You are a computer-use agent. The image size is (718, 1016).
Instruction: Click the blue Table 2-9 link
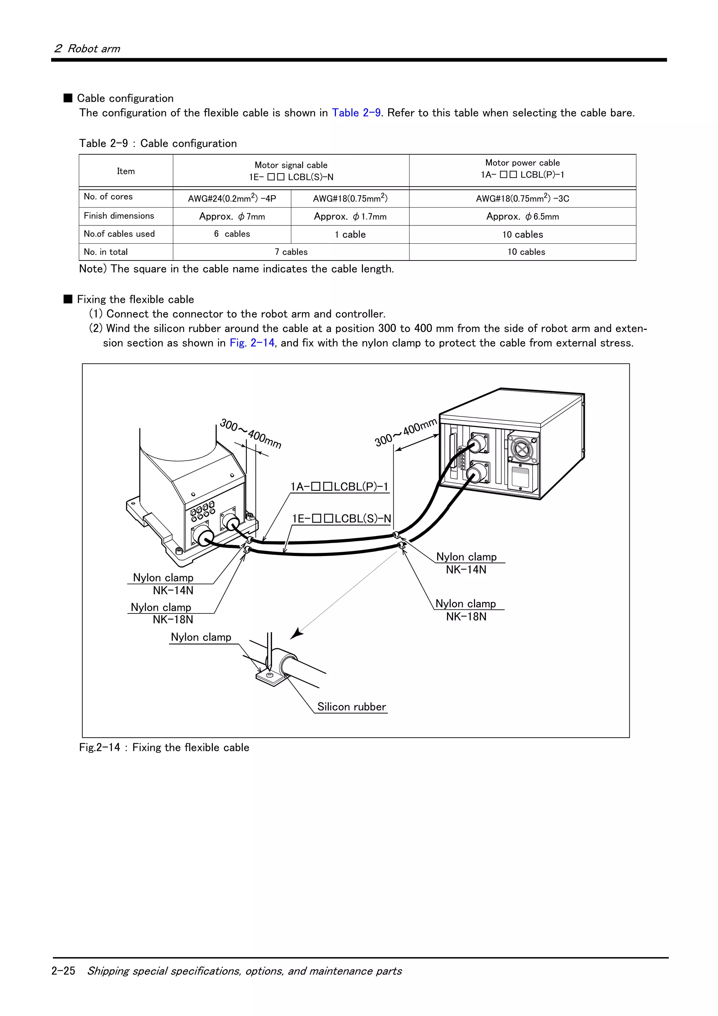click(x=356, y=113)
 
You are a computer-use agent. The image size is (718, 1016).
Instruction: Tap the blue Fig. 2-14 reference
click(x=252, y=343)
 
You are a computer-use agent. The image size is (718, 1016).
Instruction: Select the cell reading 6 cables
click(x=232, y=234)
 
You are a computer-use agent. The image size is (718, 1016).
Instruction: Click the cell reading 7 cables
click(x=291, y=252)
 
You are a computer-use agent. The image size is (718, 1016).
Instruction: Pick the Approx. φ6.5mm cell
click(x=522, y=216)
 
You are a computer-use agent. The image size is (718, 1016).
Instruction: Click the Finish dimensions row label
click(x=119, y=216)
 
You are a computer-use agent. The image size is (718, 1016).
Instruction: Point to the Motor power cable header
click(x=522, y=169)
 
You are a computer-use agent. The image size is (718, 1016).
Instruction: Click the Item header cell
click(x=126, y=171)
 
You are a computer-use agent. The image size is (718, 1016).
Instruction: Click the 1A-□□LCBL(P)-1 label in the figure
click(x=339, y=487)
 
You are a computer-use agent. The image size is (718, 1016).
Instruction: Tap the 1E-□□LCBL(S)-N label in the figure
click(x=341, y=519)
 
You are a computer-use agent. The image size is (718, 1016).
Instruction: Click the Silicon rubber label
click(x=351, y=707)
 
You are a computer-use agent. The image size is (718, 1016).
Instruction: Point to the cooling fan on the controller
click(x=522, y=449)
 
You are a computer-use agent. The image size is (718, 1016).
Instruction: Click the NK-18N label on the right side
click(x=466, y=616)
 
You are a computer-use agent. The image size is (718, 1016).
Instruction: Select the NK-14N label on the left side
click(x=173, y=590)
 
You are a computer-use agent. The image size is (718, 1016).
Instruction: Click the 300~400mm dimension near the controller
click(x=405, y=432)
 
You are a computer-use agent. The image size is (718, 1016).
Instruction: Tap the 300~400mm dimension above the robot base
click(x=250, y=433)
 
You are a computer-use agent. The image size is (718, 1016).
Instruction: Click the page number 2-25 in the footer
click(x=63, y=971)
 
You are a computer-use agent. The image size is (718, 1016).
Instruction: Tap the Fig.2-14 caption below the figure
click(x=164, y=747)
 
